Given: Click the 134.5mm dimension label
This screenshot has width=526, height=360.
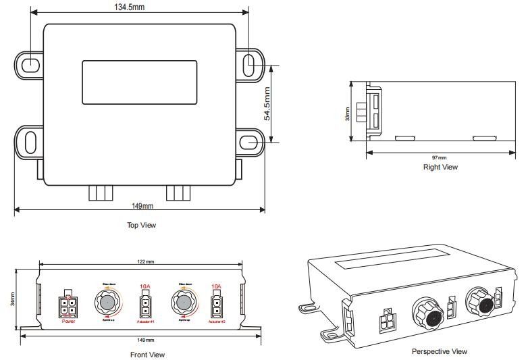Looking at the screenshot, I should click(x=132, y=7).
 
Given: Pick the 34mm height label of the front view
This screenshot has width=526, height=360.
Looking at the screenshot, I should click(x=12, y=299).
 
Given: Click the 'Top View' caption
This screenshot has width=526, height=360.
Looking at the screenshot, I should click(x=142, y=225).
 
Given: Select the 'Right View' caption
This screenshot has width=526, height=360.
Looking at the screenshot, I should click(x=440, y=167).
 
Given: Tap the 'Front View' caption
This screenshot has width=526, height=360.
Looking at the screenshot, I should click(x=147, y=354).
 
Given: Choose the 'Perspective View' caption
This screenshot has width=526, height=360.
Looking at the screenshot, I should click(x=439, y=351).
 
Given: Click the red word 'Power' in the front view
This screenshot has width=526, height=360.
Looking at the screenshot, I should click(x=68, y=322).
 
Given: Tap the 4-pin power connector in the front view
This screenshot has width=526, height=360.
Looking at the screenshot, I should click(x=69, y=307).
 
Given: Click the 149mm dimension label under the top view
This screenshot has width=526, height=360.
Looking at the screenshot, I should click(x=143, y=206).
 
